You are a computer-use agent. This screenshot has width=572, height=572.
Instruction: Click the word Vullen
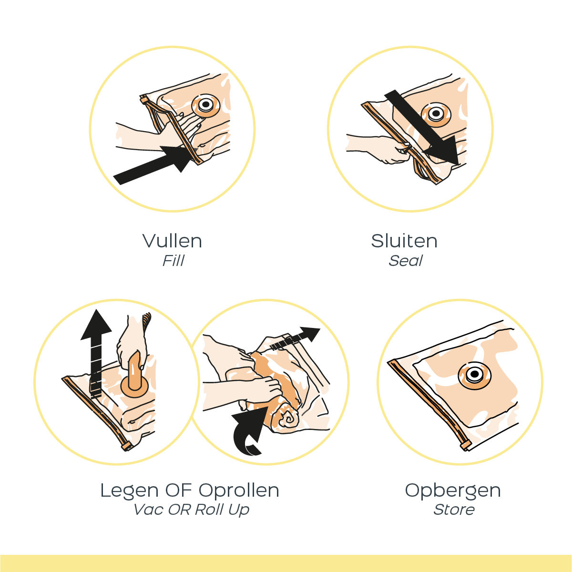pyautogui.click(x=172, y=241)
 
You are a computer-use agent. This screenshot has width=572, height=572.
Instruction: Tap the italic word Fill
pyautogui.click(x=174, y=261)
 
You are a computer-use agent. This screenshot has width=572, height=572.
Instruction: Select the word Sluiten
pyautogui.click(x=404, y=241)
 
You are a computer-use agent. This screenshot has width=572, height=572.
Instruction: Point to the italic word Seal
pyautogui.click(x=406, y=261)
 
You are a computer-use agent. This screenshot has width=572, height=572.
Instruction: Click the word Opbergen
pyautogui.click(x=453, y=490)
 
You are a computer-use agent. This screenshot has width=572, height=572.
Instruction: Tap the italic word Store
pyautogui.click(x=454, y=510)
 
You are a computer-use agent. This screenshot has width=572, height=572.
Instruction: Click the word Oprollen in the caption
pyautogui.click(x=239, y=490)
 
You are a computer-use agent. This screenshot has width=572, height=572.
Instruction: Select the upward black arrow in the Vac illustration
pyautogui.click(x=96, y=353)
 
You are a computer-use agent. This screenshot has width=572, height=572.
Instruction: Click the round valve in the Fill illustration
pyautogui.click(x=206, y=105)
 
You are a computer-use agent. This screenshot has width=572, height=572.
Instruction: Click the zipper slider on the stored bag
pyautogui.click(x=466, y=446)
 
